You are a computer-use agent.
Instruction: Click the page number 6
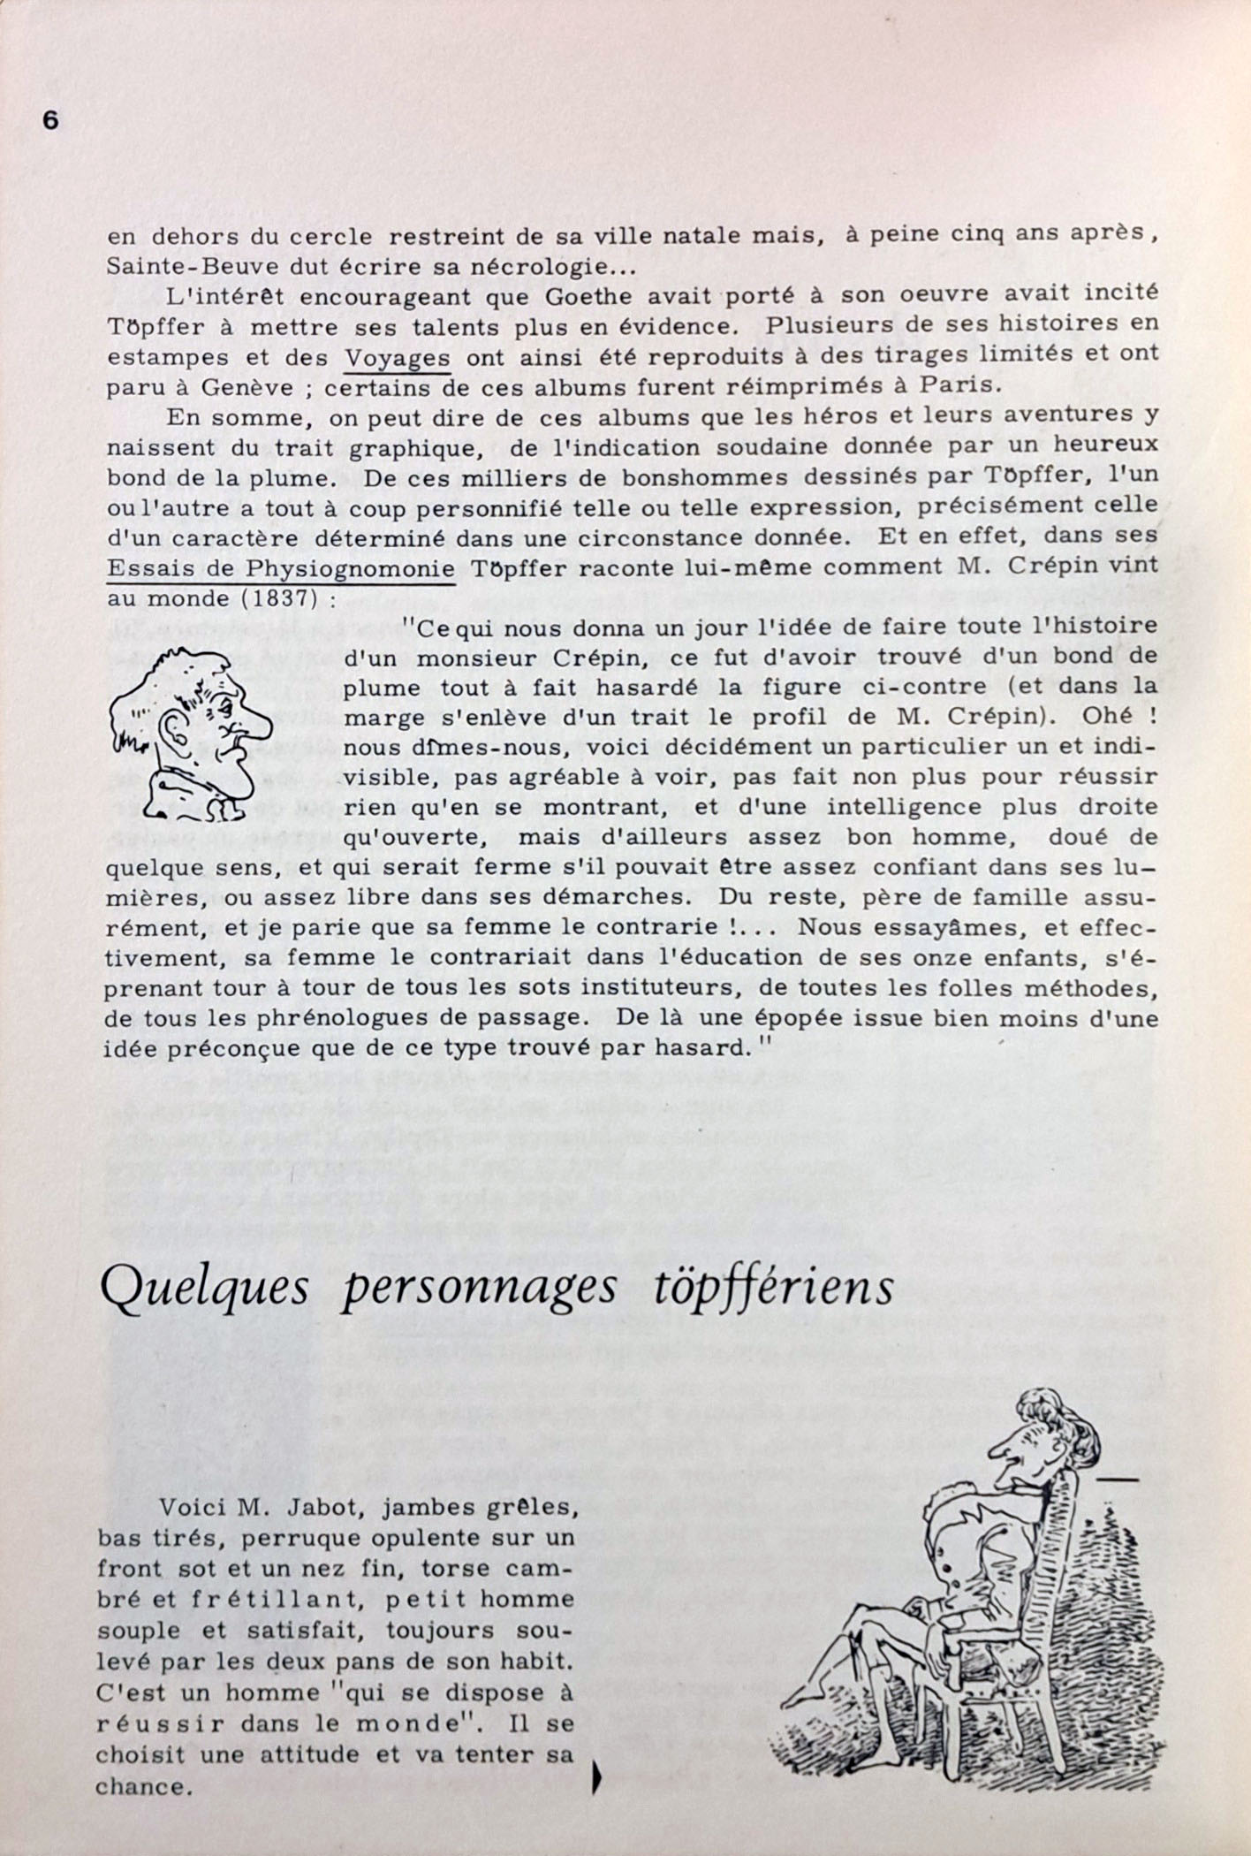50,121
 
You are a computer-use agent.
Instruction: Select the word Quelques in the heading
204,1289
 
